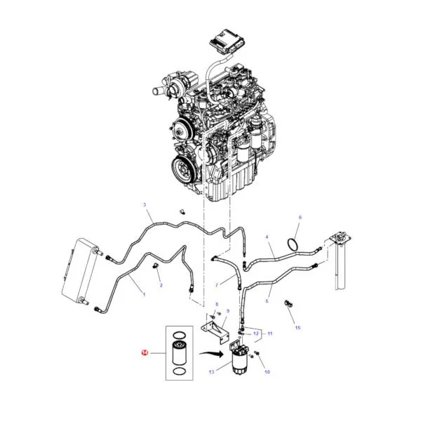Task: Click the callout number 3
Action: pos(145,205)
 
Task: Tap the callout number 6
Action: pos(300,217)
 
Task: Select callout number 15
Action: pos(298,327)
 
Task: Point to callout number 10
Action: pos(267,371)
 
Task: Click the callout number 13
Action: pos(212,371)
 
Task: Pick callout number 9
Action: pos(228,311)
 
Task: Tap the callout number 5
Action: pos(267,301)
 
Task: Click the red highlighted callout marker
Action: pos(145,352)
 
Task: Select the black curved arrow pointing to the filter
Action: pos(211,354)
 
